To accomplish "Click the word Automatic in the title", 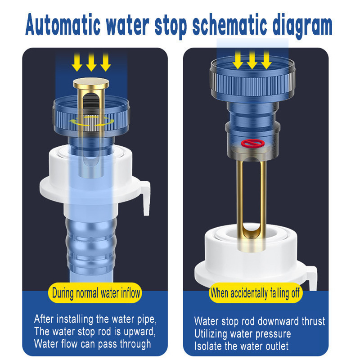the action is tap(63, 25).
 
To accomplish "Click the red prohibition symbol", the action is tap(252, 143).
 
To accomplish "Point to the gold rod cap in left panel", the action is tap(91, 83).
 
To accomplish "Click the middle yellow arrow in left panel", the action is tap(91, 62).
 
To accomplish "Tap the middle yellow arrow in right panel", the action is tap(252, 60).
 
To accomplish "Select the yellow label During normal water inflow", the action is tap(95, 293).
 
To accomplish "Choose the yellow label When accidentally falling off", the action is tap(256, 293).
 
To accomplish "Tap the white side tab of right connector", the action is tap(312, 277).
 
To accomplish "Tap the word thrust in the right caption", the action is tap(313, 321).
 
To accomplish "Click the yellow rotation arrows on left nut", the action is tap(91, 121).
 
